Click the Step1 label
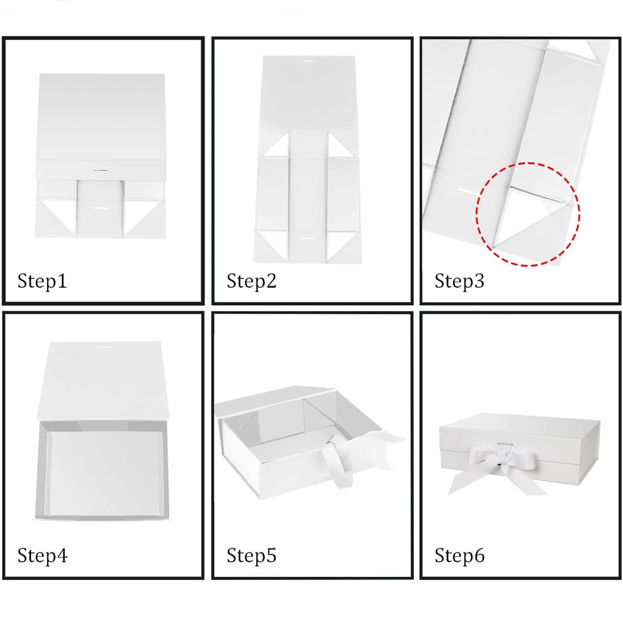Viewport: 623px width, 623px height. pos(42,281)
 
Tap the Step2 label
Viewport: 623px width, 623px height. pos(251,281)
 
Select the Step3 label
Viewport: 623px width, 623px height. pos(459,281)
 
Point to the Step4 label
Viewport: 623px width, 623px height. pos(42,555)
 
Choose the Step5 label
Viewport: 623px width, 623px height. pos(251,555)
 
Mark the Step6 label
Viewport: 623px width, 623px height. pos(460,555)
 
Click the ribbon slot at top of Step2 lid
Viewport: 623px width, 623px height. pos(308,61)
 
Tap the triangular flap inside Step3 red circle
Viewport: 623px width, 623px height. pos(526,217)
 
